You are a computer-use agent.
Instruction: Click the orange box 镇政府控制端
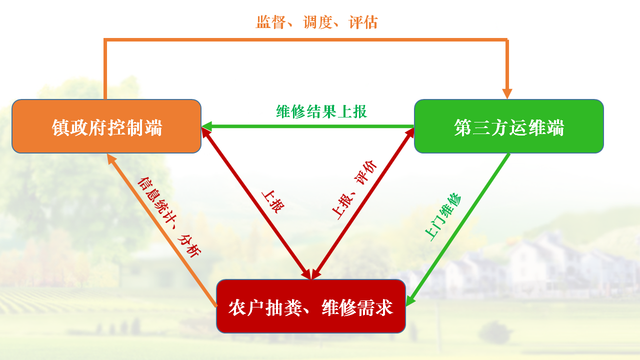click(106, 126)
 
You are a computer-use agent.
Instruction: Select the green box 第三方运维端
click(509, 126)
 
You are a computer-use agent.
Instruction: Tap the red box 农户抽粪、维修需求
click(311, 306)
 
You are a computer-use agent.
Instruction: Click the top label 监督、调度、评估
click(316, 22)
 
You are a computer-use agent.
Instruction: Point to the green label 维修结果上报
click(321, 111)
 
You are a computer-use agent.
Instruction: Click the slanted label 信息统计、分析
click(169, 217)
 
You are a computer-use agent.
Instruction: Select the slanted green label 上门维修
click(443, 217)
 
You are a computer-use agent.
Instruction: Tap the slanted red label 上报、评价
click(354, 189)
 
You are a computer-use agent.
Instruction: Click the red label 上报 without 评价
click(273, 201)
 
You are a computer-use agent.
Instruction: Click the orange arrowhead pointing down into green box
click(507, 93)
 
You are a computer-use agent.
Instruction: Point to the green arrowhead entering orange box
click(206, 126)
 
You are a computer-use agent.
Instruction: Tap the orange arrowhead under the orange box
click(111, 159)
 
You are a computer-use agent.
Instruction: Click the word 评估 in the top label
click(363, 22)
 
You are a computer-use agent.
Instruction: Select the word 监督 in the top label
click(270, 22)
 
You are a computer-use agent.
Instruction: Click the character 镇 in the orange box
click(60, 127)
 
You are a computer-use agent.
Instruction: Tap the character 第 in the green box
click(463, 127)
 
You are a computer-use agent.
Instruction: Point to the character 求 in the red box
click(384, 307)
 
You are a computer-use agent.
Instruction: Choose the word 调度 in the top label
click(317, 22)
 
